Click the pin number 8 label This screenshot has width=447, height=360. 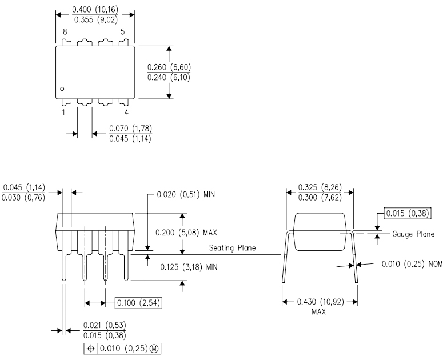[65, 33]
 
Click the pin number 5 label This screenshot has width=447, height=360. [123, 33]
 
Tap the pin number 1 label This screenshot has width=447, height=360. [63, 113]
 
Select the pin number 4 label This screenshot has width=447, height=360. [126, 113]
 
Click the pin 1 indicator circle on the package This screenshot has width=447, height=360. [63, 89]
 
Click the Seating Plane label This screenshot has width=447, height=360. [232, 248]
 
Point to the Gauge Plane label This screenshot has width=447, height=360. [413, 234]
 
